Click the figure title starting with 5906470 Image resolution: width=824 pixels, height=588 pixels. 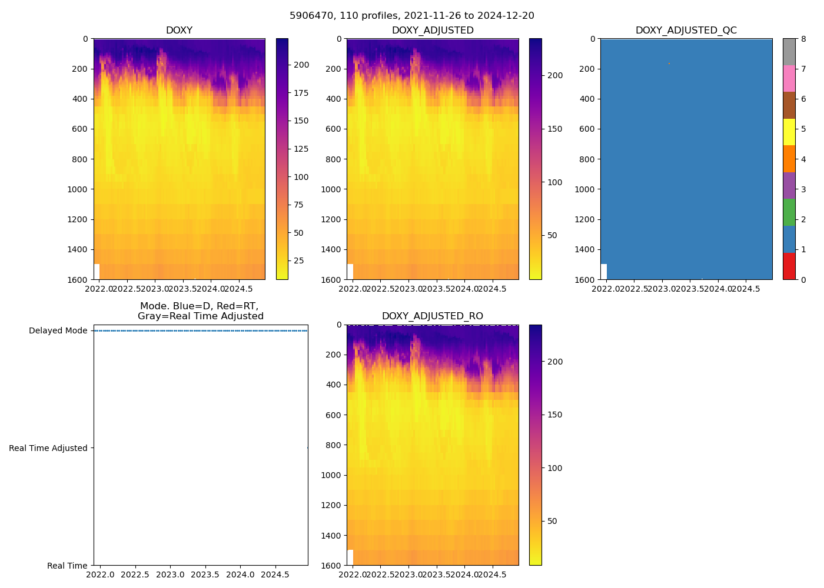[412, 16]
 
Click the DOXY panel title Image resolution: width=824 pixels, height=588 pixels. [179, 31]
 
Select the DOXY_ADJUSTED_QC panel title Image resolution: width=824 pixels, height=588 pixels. [686, 31]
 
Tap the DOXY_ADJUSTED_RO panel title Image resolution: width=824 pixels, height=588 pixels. [432, 316]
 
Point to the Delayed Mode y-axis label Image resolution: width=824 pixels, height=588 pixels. [58, 331]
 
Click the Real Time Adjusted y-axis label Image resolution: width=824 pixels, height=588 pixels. [48, 448]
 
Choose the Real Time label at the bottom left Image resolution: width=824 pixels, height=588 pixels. [67, 566]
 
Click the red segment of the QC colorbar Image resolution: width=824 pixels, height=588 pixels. [789, 266]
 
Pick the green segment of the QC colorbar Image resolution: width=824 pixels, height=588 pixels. [789, 212]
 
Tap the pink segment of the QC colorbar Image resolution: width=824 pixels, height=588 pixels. [789, 78]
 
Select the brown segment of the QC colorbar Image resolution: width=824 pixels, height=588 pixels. [789, 105]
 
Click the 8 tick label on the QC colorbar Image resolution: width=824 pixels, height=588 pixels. [803, 39]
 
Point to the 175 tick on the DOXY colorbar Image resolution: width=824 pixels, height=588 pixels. [301, 93]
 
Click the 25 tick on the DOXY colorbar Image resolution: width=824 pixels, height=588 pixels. [298, 260]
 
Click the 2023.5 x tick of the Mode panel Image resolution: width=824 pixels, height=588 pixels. [205, 574]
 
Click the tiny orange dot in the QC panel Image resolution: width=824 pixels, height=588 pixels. [669, 64]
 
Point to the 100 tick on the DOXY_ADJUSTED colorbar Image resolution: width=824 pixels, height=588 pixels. [554, 182]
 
